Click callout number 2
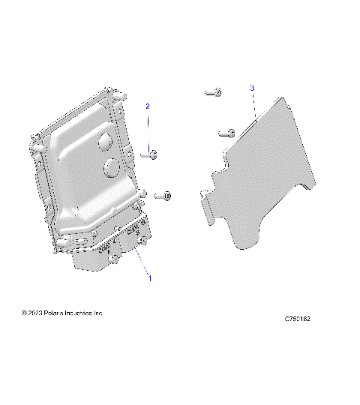click(148, 106)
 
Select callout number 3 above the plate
click(252, 88)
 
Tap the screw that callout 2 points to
click(151, 154)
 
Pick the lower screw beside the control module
click(163, 196)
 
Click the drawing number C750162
click(297, 319)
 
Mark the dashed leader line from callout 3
click(254, 106)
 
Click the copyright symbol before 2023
click(25, 312)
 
